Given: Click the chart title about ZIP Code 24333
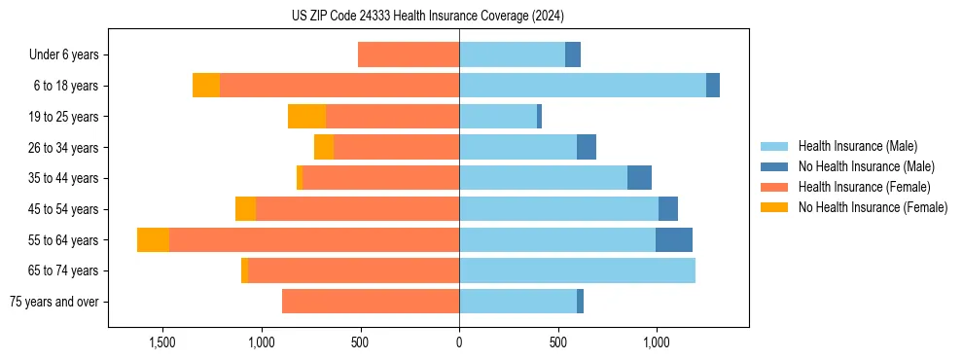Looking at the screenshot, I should point(428,16).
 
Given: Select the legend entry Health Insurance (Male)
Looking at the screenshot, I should point(857,146).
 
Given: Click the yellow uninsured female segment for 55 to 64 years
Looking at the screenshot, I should point(153,239).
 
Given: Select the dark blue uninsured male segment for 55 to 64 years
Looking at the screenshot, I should point(674,239).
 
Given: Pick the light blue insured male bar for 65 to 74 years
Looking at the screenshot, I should point(577,270).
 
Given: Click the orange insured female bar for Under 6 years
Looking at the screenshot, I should point(409,54).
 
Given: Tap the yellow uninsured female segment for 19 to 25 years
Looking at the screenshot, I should point(306,117).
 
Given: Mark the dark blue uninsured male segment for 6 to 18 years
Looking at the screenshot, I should point(713,86).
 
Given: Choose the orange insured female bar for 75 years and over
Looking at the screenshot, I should point(371,302).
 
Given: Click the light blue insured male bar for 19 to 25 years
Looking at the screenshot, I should point(498,117).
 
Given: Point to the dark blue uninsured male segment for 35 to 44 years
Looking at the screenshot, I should point(639,178).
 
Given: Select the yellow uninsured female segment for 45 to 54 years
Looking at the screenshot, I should point(245,209).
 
